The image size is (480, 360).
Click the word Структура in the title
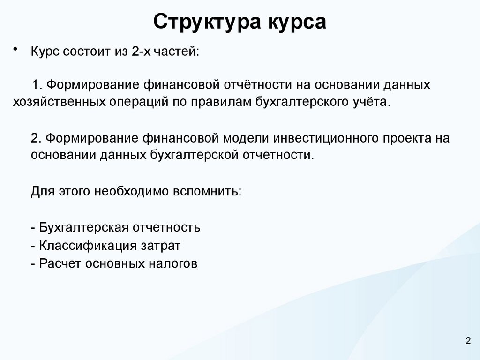click(207, 22)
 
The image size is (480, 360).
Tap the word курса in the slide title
click(297, 22)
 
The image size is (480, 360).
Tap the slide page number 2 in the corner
click(468, 341)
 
